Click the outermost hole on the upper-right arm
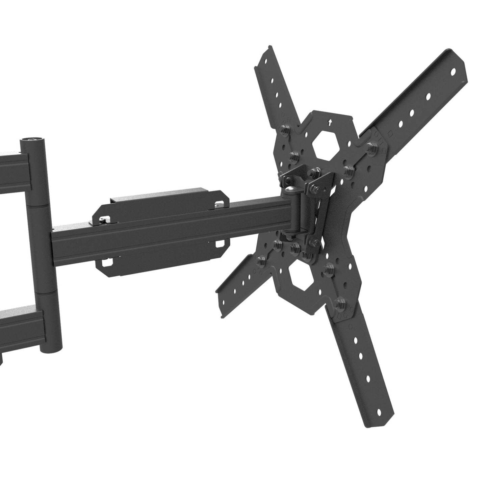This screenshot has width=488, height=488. tap(453, 71)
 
